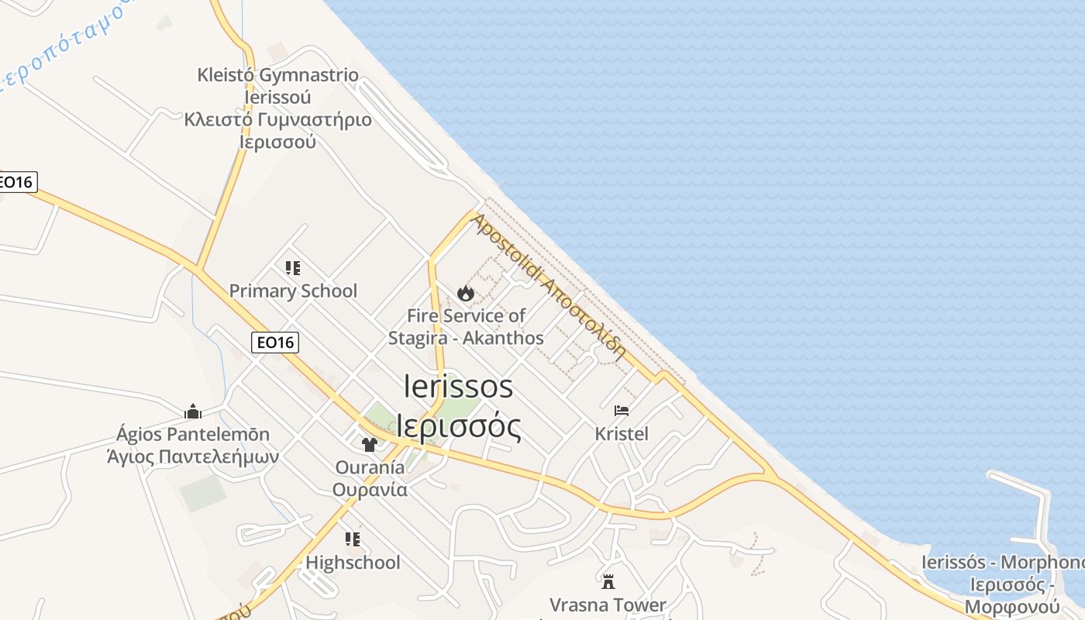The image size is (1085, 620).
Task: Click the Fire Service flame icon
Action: tap(465, 293)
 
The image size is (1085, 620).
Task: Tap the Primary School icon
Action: tap(293, 268)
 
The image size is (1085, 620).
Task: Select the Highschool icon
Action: tap(353, 539)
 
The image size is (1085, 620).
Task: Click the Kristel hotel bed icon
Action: tap(621, 410)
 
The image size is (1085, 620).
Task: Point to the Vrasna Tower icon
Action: tap(608, 581)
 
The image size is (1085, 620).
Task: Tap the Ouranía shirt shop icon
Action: tap(370, 444)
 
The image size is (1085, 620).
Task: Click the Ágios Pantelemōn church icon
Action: tap(193, 411)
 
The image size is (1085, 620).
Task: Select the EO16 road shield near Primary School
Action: tap(275, 342)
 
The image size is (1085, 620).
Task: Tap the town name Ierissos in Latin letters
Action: tap(459, 386)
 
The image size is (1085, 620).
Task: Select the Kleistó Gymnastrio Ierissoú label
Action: tap(277, 86)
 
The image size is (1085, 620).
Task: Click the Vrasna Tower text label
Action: tap(608, 604)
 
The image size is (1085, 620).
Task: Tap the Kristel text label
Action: tap(622, 433)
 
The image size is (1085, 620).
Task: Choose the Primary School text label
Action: tap(293, 291)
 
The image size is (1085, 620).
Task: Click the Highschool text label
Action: tap(353, 562)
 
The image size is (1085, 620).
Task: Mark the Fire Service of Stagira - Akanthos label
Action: tap(466, 326)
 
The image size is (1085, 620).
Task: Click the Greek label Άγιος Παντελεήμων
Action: tap(193, 456)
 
